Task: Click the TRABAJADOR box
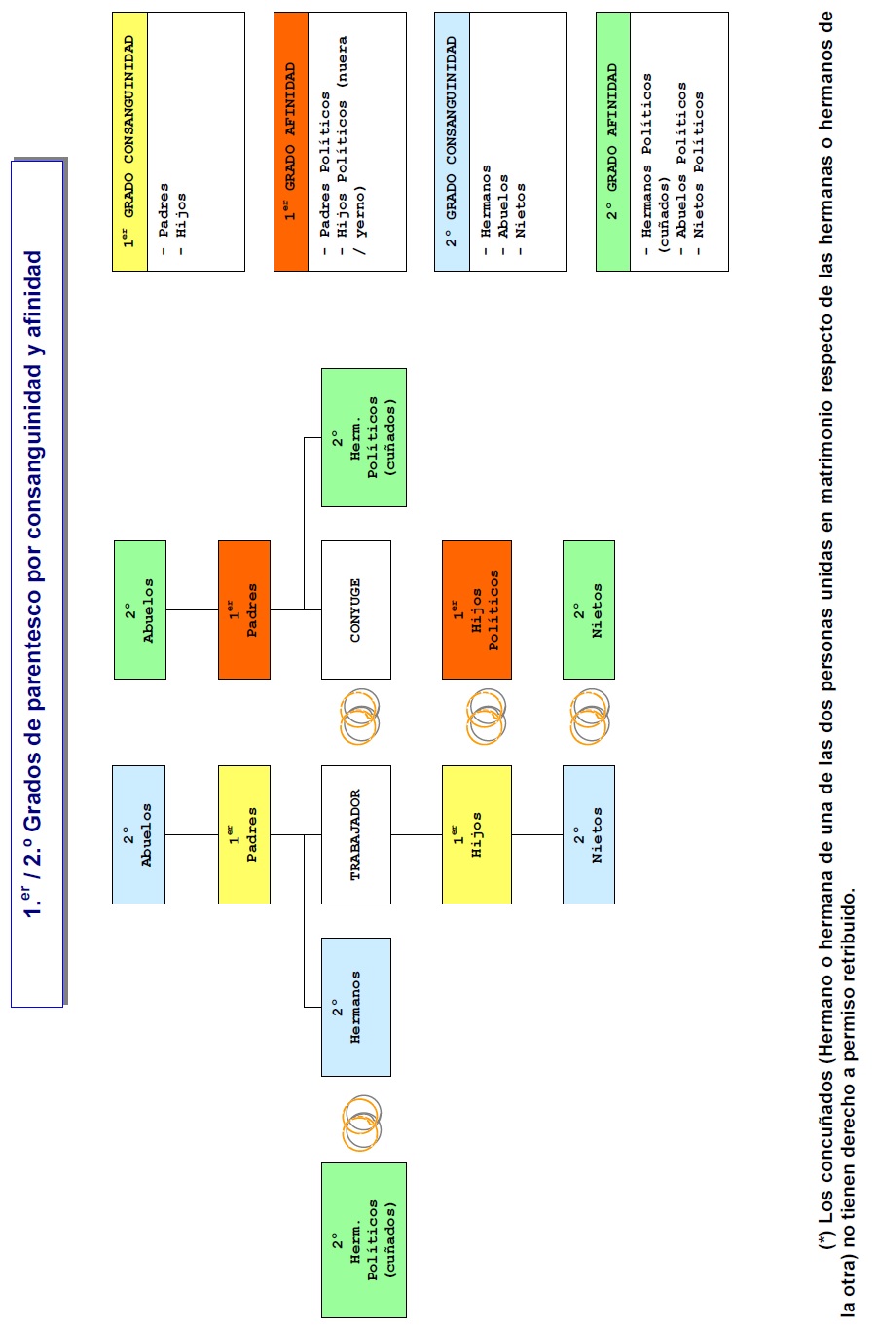356,834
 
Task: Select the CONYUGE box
356,609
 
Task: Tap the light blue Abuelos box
138,834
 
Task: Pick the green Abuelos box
140,609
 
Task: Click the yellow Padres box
244,834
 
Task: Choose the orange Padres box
244,609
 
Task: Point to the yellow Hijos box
477,834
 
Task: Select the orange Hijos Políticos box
477,609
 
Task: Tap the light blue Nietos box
589,834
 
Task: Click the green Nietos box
589,609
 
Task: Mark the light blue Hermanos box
356,1007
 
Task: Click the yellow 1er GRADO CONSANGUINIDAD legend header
129,142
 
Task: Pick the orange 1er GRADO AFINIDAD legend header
291,142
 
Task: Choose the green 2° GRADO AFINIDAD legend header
613,142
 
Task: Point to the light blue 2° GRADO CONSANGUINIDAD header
453,142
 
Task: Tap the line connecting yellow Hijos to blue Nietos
537,834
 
